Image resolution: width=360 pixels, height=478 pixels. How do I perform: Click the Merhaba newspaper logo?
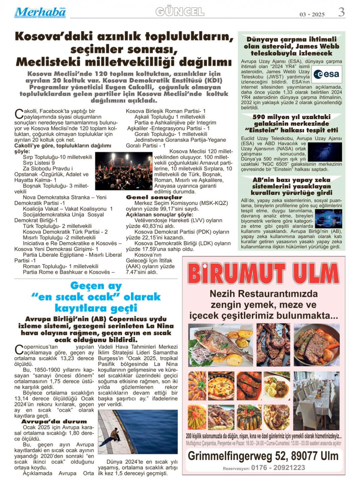click(x=40, y=12)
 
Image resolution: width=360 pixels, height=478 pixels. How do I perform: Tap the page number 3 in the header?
click(x=341, y=12)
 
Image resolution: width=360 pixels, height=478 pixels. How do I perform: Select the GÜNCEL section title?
click(x=180, y=12)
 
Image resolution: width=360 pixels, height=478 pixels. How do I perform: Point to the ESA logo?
click(x=326, y=74)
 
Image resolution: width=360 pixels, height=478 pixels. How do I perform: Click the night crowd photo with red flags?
click(x=124, y=171)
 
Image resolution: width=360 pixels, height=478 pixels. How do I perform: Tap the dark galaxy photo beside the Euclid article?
click(x=324, y=152)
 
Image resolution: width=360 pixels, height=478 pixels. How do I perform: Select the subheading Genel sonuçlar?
click(x=154, y=197)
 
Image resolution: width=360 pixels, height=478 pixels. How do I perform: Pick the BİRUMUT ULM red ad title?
click(x=263, y=274)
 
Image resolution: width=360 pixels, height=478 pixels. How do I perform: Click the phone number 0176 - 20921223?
click(x=278, y=468)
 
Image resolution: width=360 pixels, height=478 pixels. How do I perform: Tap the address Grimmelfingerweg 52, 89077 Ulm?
click(x=263, y=456)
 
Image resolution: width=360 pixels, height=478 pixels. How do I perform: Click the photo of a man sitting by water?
click(x=137, y=432)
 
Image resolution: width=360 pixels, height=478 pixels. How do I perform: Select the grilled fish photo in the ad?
click(x=221, y=345)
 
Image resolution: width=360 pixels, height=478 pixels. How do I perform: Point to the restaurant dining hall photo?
click(x=316, y=400)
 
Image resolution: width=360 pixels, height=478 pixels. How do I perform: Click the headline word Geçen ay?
click(x=96, y=286)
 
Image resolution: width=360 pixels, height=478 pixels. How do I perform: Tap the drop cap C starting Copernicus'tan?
click(x=19, y=350)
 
